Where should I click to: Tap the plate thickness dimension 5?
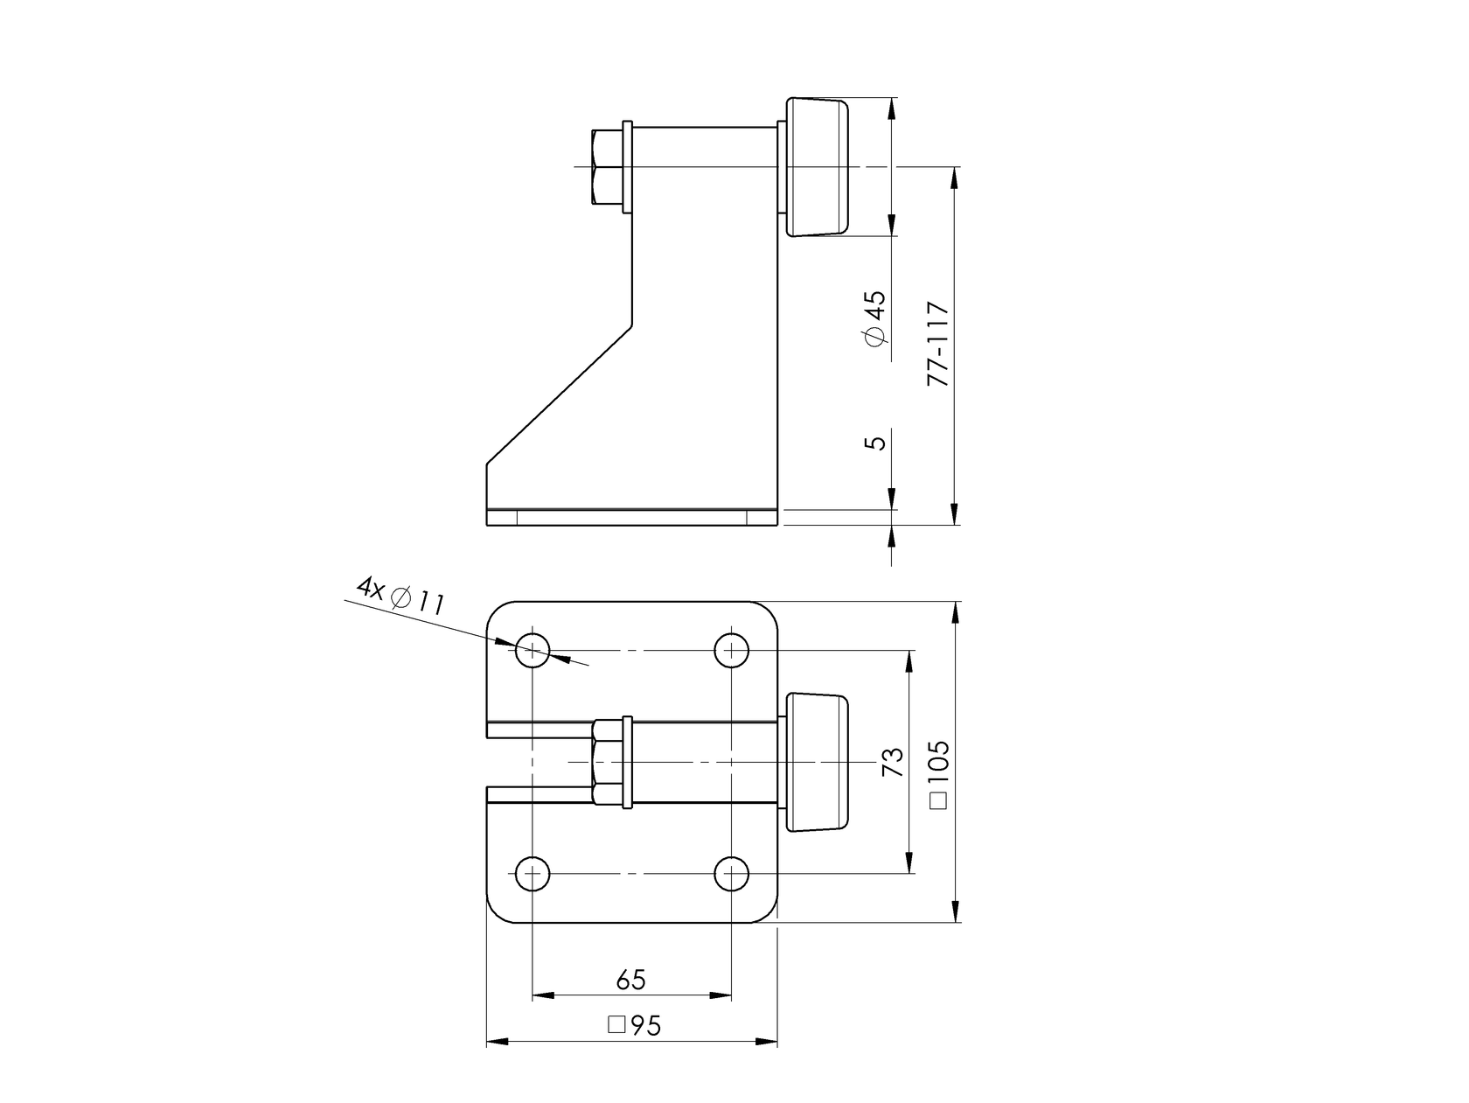875,440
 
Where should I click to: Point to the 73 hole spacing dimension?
892,763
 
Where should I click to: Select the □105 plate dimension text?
938,776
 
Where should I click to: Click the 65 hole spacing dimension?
630,980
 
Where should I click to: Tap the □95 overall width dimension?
634,1026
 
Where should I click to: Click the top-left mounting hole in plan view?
532,651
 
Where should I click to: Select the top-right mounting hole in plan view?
731,651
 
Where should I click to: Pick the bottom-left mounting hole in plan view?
532,873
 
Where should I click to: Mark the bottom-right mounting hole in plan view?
731,873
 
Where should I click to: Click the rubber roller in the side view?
818,167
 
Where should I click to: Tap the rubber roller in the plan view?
818,762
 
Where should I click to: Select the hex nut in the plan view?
607,762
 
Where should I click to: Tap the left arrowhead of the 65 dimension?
542,995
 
